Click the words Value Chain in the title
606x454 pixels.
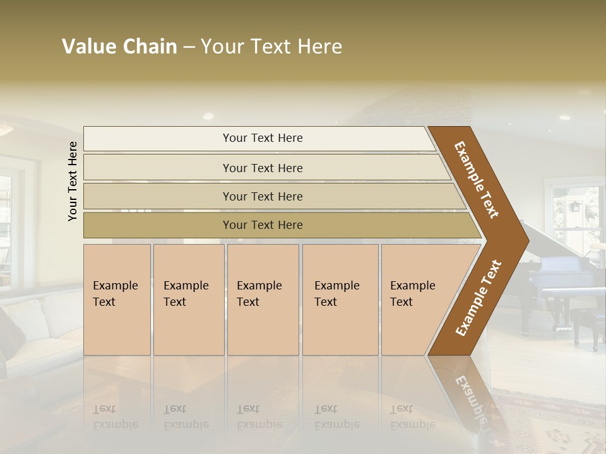[x=119, y=47]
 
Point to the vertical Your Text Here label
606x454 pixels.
[x=73, y=182]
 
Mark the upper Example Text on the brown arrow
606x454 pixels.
[x=477, y=180]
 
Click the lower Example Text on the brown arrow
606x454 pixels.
[x=478, y=298]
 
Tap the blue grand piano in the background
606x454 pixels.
[x=559, y=277]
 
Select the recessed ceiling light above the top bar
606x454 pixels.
[x=208, y=116]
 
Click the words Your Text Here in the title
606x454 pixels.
[x=271, y=47]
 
